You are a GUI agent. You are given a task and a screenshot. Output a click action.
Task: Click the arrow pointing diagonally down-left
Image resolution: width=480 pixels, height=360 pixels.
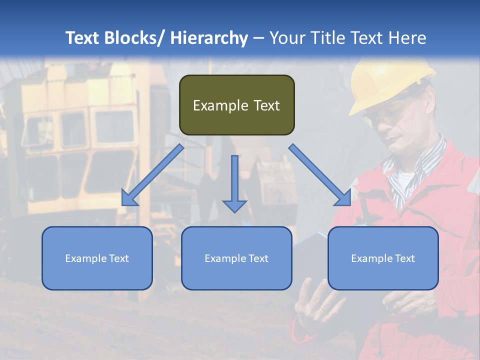click(x=152, y=175)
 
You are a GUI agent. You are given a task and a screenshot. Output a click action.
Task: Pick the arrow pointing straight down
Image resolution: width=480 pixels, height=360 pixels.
click(x=234, y=183)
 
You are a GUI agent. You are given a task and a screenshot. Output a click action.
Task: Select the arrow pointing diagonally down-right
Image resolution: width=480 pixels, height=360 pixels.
click(x=320, y=175)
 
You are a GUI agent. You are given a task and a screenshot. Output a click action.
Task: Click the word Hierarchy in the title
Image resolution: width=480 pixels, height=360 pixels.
click(x=209, y=38)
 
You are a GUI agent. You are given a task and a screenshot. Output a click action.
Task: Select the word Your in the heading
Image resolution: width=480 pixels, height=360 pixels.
click(x=287, y=38)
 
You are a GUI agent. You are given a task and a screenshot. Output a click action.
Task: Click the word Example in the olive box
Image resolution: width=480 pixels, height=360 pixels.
click(x=220, y=106)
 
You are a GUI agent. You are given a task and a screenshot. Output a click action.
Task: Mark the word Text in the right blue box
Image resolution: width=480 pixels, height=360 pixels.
click(x=404, y=258)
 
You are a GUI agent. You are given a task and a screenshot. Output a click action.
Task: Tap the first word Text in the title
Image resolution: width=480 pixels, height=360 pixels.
click(x=82, y=38)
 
